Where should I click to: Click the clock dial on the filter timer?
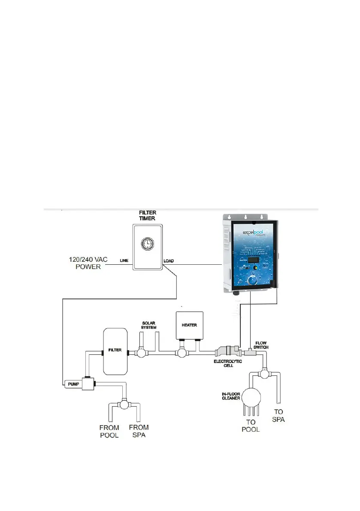[147, 245]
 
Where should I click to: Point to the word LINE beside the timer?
[124, 260]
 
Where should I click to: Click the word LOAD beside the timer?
[169, 260]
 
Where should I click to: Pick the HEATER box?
[189, 325]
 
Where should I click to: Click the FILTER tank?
[115, 350]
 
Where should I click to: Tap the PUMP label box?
[71, 384]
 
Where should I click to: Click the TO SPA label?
[278, 416]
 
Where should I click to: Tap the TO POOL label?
[251, 426]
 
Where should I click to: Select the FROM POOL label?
[109, 431]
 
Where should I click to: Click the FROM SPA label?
[139, 431]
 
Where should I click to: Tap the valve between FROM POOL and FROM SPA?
[125, 404]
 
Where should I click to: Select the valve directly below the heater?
[182, 353]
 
